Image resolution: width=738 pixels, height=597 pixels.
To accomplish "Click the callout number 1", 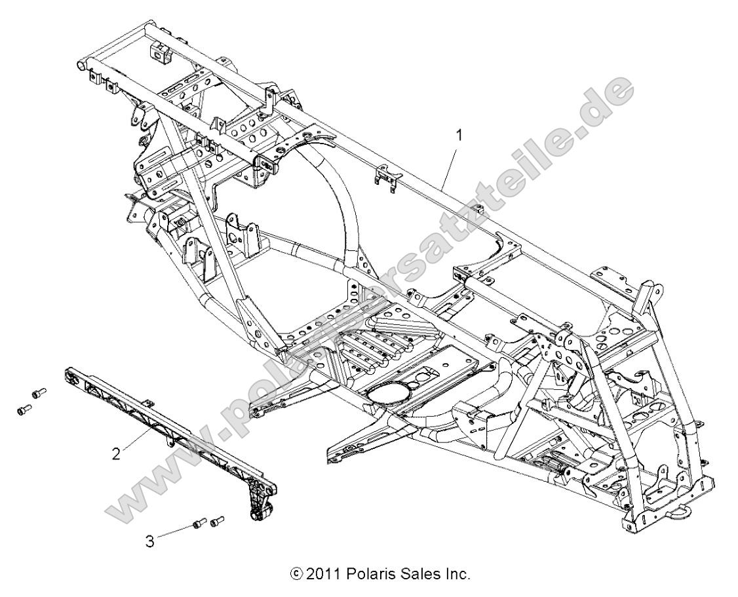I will [x=459, y=135].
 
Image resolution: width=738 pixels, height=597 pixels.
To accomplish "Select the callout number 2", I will [x=116, y=453].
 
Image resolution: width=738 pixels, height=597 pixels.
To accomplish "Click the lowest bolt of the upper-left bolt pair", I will [x=23, y=409].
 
